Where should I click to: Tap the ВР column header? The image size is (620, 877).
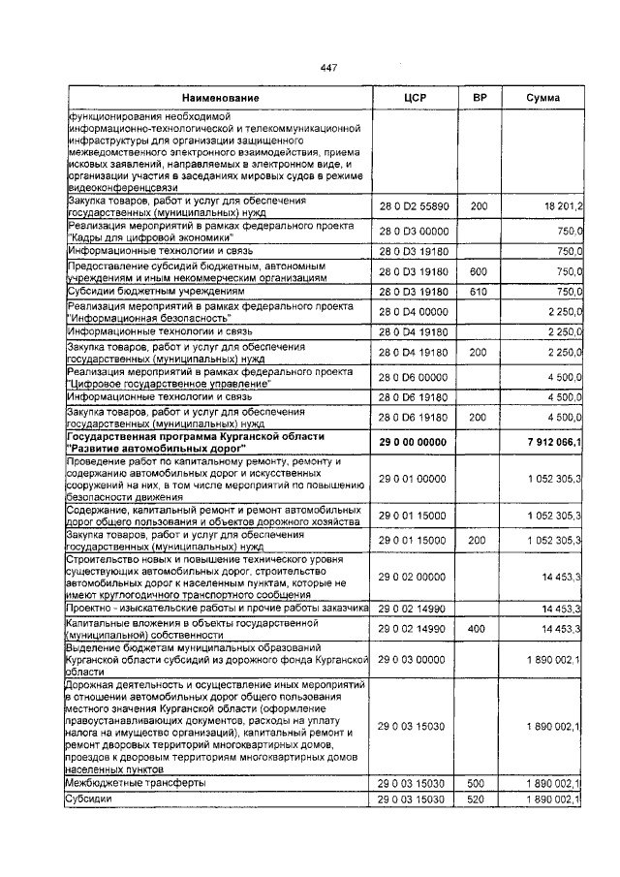[479, 99]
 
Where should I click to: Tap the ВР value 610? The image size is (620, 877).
[479, 292]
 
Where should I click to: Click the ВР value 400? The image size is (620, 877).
[479, 629]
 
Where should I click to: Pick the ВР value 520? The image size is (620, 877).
[479, 800]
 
